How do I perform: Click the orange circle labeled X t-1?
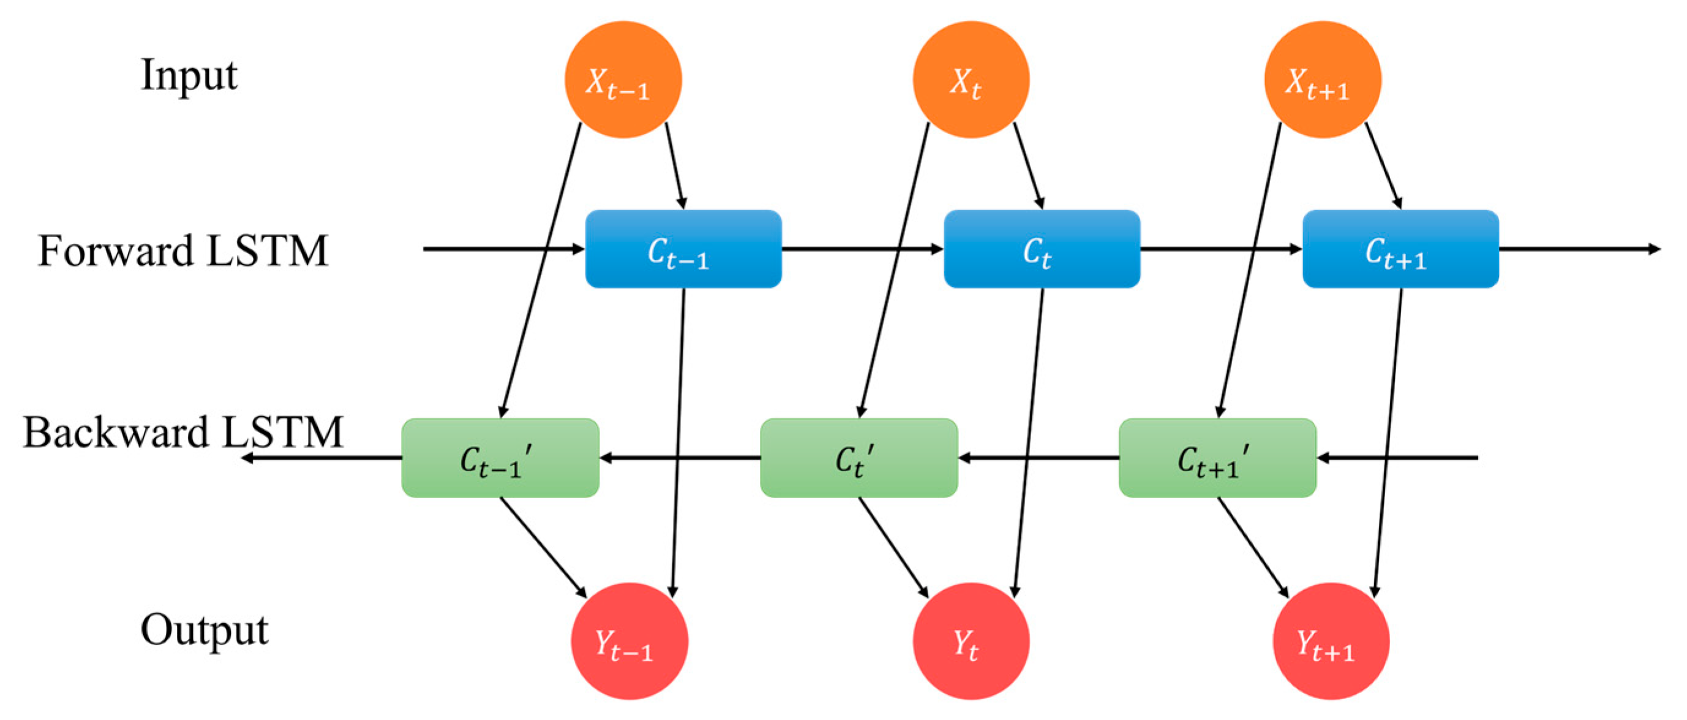click(x=623, y=80)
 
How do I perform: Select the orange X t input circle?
click(x=971, y=80)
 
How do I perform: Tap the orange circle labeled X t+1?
click(x=1322, y=80)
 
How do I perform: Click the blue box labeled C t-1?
click(x=683, y=249)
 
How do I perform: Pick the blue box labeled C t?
click(x=1041, y=249)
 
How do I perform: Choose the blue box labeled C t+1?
click(x=1400, y=249)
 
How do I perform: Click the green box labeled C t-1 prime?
click(x=500, y=458)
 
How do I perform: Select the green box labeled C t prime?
click(x=859, y=458)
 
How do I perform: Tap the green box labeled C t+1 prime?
click(x=1217, y=458)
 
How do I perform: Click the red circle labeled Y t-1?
click(x=629, y=641)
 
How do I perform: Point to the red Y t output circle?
click(x=971, y=641)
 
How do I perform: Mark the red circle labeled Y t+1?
click(x=1331, y=641)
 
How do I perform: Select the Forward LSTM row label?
click(x=182, y=251)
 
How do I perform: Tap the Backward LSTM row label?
click(x=182, y=433)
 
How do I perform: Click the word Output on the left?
click(x=204, y=631)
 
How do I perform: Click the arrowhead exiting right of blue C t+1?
click(x=1655, y=249)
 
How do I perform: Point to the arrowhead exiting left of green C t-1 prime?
click(x=247, y=458)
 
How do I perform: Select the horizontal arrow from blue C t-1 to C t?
click(x=862, y=249)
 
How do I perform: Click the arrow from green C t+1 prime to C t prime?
click(x=1039, y=458)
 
